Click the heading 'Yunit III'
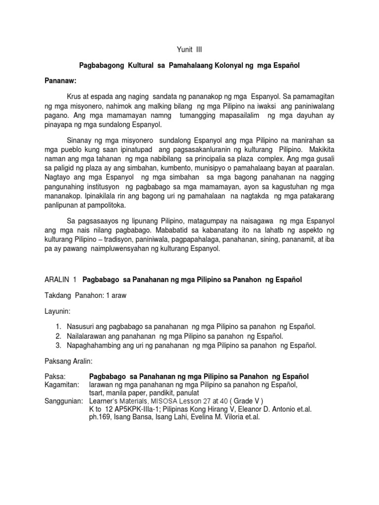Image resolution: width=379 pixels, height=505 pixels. pyautogui.click(x=189, y=50)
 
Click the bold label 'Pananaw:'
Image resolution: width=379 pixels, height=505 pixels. pyautogui.click(x=60, y=80)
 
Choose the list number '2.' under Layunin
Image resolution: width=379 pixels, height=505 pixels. pyautogui.click(x=58, y=336)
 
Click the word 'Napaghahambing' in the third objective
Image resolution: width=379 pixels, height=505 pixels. pyautogui.click(x=93, y=345)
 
